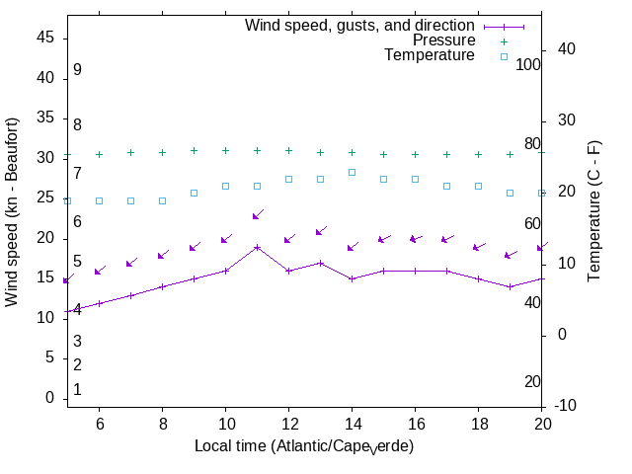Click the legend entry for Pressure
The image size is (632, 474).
pyautogui.click(x=443, y=40)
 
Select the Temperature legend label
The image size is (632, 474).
pyautogui.click(x=430, y=55)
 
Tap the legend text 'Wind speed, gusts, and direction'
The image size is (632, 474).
pyautogui.click(x=360, y=26)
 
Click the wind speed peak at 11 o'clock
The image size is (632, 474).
pyautogui.click(x=257, y=247)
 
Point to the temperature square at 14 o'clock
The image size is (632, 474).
pyautogui.click(x=352, y=172)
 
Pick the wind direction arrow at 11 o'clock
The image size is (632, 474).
pyautogui.click(x=257, y=215)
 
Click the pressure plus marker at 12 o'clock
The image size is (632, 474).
pyautogui.click(x=288, y=151)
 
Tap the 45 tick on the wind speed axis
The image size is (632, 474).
pyautogui.click(x=45, y=38)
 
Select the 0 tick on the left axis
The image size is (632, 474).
pyautogui.click(x=49, y=398)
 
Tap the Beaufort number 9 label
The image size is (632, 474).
pyautogui.click(x=77, y=70)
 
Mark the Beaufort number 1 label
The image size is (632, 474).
pyautogui.click(x=77, y=390)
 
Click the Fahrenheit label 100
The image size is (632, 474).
pyautogui.click(x=528, y=64)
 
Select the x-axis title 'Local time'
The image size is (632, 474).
pyautogui.click(x=304, y=446)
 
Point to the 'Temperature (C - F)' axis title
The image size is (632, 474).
pyautogui.click(x=595, y=209)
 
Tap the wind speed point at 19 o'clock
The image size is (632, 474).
pyautogui.click(x=510, y=286)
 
